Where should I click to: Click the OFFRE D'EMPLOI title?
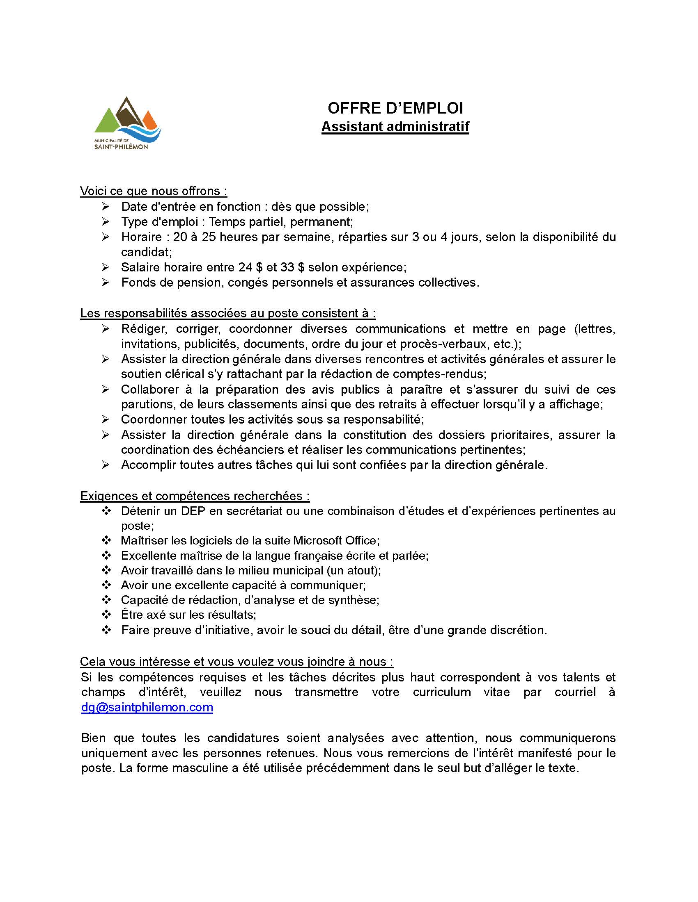coord(395,108)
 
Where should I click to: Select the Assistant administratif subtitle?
coord(395,126)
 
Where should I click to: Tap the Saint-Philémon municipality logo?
coord(127,123)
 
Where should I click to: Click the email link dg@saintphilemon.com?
coord(147,707)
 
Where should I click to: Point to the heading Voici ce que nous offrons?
coord(154,191)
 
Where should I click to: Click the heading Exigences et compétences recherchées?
coord(195,496)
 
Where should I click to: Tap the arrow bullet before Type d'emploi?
coord(106,222)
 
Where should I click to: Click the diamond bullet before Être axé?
coord(106,615)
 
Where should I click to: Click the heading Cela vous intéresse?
coord(236,662)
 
